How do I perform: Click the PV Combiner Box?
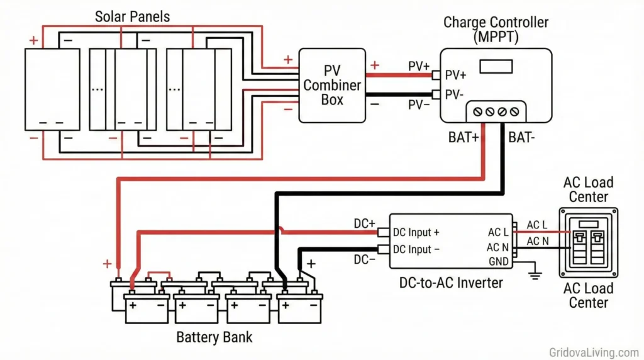point(332,86)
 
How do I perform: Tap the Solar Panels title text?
point(132,16)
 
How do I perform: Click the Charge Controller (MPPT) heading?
point(496,29)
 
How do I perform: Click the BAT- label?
point(521,137)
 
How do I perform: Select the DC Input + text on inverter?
point(416,233)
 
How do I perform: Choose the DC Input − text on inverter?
point(416,249)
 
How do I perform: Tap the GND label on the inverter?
point(497,261)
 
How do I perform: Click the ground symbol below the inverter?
point(535,273)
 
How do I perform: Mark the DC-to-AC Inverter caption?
point(451,283)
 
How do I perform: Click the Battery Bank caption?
point(214,337)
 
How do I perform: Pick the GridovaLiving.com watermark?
point(594,352)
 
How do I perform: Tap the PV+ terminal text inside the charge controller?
point(456,76)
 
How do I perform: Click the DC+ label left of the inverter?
point(365,224)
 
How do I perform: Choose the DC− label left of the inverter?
point(365,259)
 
